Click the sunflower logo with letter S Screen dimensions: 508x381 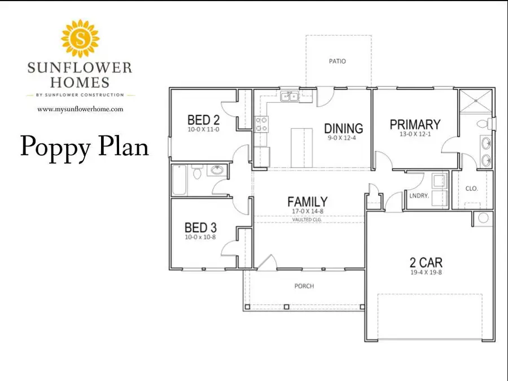pos(80,38)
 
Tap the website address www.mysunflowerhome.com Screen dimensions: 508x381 pos(80,109)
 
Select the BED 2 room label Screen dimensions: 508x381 pos(203,120)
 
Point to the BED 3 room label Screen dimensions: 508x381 pos(200,227)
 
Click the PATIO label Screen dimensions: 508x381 pos(338,61)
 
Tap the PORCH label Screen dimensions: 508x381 pos(304,286)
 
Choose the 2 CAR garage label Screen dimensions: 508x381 pos(426,262)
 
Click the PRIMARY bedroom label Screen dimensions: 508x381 pos(415,125)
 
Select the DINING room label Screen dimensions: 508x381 pos(343,129)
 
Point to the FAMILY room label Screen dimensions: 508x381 pos(308,202)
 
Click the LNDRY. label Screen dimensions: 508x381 pos(419,196)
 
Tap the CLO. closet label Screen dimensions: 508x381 pos(471,189)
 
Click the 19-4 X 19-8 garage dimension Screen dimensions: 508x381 pos(426,273)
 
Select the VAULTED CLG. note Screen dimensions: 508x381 pos(307,220)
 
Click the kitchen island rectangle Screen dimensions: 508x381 pos(301,148)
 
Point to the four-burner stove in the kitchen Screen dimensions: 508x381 pos(261,124)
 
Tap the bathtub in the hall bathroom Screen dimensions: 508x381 pos(179,180)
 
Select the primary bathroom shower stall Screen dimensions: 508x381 pos(476,100)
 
